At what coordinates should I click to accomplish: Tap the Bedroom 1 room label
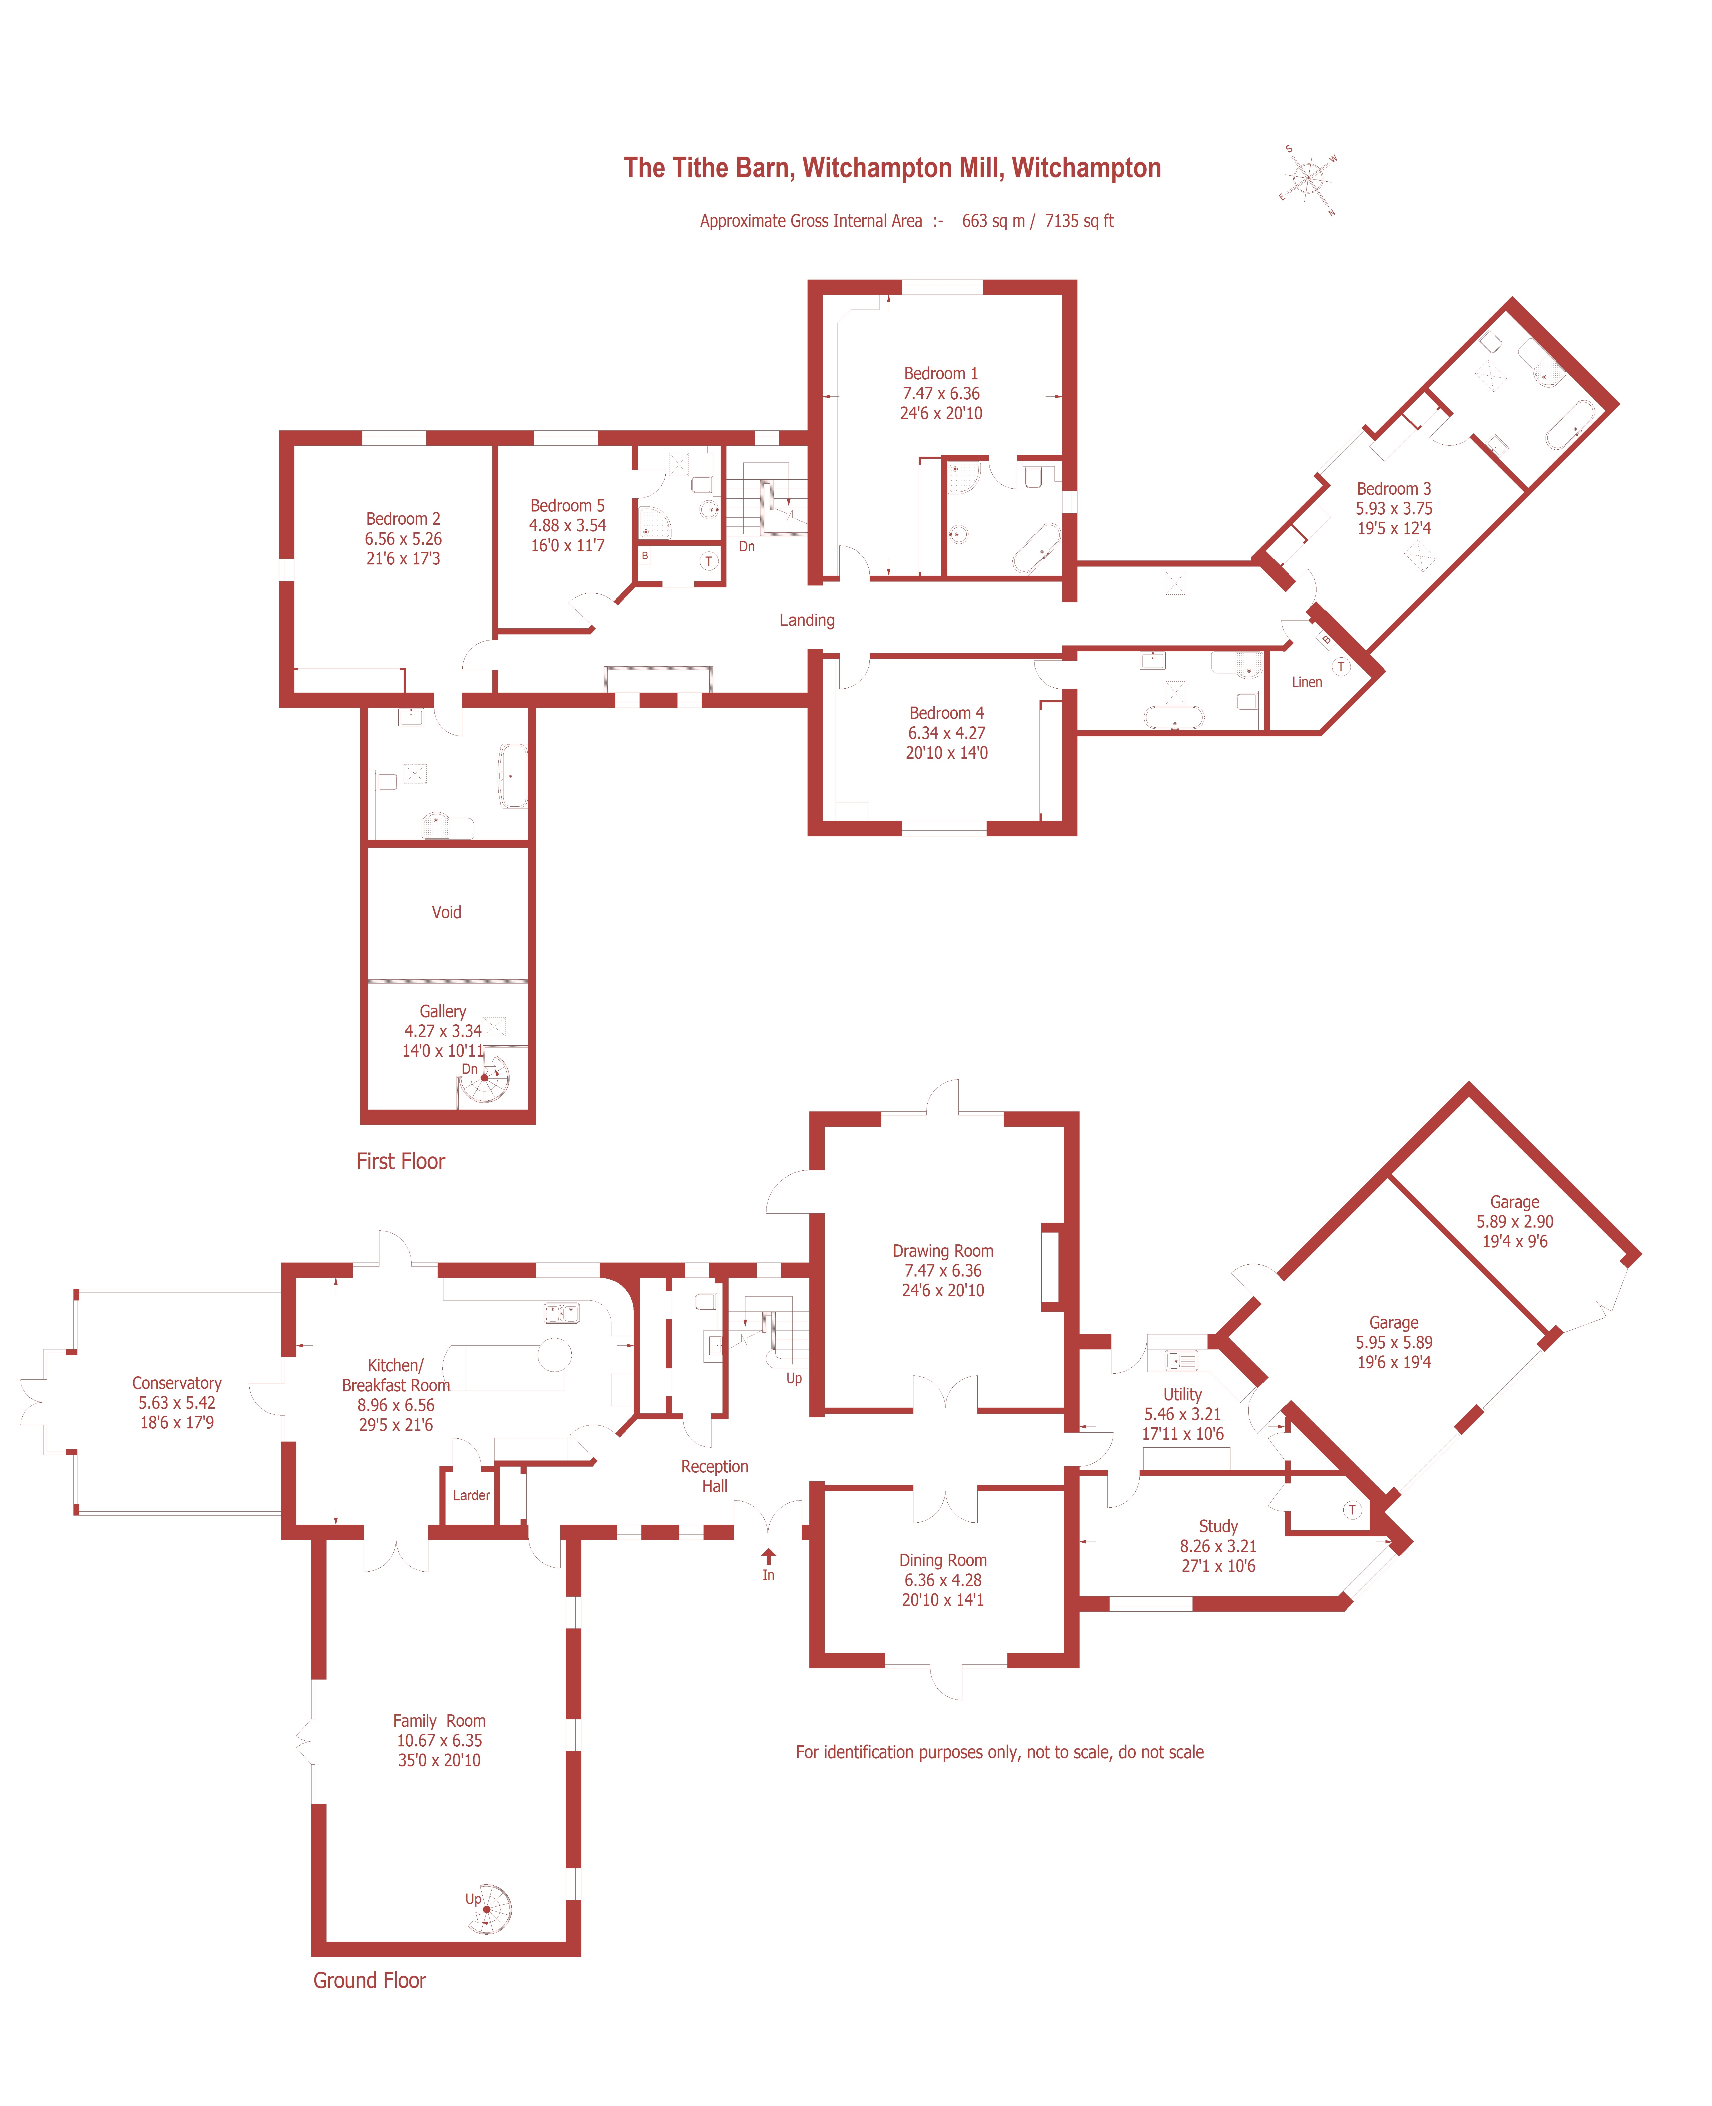point(941,374)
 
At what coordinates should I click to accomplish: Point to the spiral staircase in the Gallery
point(484,1078)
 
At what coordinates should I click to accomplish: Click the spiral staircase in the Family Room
point(488,1909)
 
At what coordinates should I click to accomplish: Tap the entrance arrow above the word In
point(768,1556)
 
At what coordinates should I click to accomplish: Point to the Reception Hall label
point(715,1476)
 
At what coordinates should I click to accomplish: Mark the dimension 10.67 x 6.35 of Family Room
point(440,1740)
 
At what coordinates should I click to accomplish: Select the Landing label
point(807,620)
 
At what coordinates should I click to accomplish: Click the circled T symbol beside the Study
point(1352,1509)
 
